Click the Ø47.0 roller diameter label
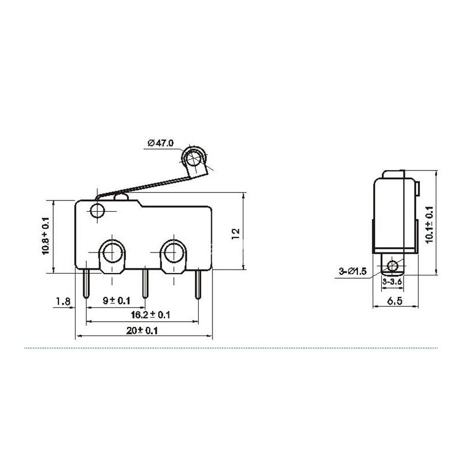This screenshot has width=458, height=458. (161, 143)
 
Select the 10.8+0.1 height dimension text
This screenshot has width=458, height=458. (46, 236)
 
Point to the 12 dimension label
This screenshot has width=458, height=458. (235, 234)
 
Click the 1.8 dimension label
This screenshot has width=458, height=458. (64, 301)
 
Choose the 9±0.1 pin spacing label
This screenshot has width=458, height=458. (116, 301)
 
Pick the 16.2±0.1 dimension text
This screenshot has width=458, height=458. (151, 315)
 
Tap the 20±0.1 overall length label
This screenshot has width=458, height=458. (142, 331)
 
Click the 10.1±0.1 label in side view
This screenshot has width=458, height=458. (429, 224)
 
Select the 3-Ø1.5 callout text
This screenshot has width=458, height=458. (353, 271)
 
